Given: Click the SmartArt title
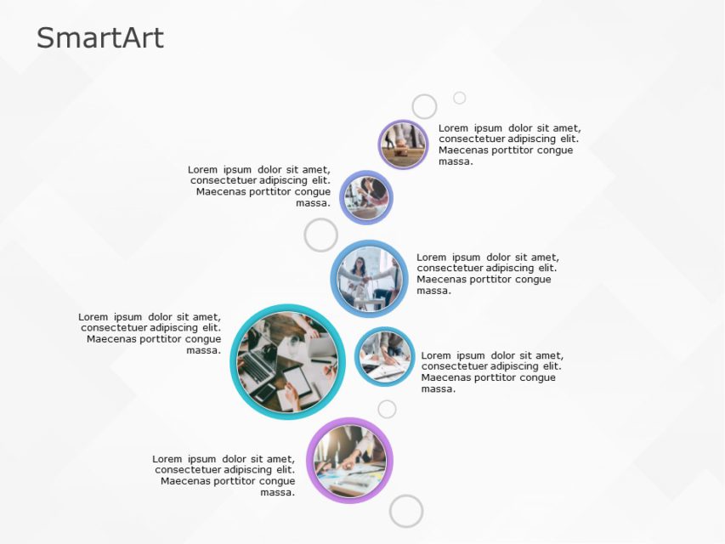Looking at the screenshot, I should tap(100, 38).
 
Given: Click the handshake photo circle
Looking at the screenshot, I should tap(369, 279).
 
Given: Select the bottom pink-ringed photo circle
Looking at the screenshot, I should tap(349, 460).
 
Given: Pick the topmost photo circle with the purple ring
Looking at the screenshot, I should tap(403, 144).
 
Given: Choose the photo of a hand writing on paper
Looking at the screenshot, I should tap(384, 356).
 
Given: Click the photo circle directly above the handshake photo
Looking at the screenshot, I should tap(366, 197).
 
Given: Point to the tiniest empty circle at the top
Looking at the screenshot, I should tap(459, 98).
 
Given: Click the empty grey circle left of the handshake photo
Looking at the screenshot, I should tap(320, 235).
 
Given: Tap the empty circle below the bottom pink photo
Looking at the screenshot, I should tap(406, 511).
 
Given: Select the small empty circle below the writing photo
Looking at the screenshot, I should tap(387, 410).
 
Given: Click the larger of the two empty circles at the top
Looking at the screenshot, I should tap(424, 106).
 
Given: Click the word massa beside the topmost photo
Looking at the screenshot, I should tap(456, 161).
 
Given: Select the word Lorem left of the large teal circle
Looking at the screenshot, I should tap(93, 317).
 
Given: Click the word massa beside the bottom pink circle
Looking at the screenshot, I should tap(277, 492).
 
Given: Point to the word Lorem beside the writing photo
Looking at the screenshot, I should tap(438, 355).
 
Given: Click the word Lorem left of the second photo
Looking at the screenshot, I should tap(203, 169).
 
